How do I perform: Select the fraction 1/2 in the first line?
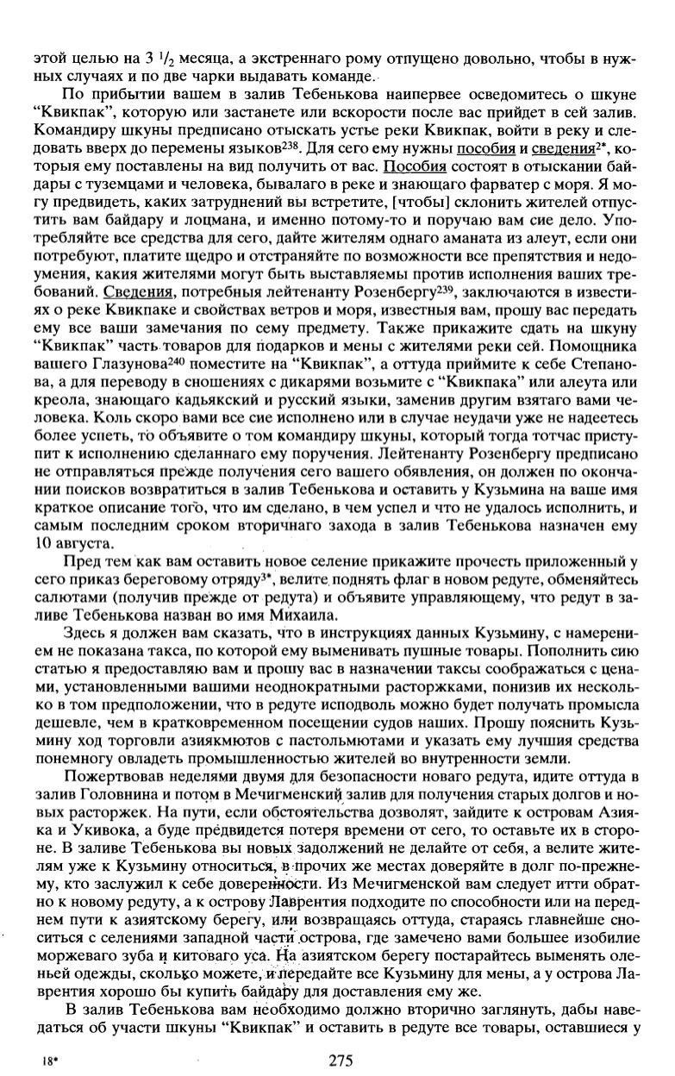(149, 60)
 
